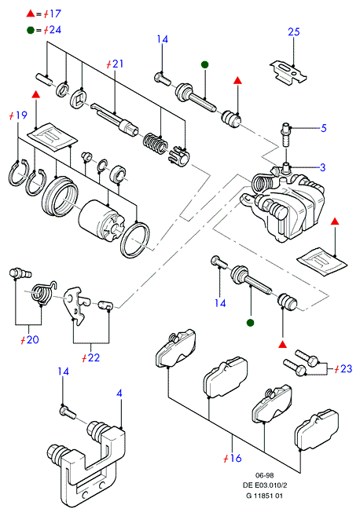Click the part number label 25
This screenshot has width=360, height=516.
pyautogui.click(x=294, y=32)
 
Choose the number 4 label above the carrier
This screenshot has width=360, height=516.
pyautogui.click(x=119, y=393)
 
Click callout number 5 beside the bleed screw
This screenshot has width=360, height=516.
pyautogui.click(x=323, y=128)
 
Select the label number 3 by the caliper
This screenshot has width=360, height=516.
pyautogui.click(x=323, y=167)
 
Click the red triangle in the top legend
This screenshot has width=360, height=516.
pyautogui.click(x=31, y=14)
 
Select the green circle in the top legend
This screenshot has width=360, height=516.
pyautogui.click(x=31, y=31)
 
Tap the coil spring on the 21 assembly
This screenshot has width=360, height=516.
pyautogui.click(x=156, y=144)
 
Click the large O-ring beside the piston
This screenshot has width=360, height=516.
pyautogui.click(x=135, y=240)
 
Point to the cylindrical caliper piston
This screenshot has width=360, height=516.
pyautogui.click(x=101, y=220)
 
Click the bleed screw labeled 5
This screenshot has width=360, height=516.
pyautogui.click(x=285, y=135)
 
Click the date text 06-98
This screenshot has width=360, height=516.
pyautogui.click(x=264, y=475)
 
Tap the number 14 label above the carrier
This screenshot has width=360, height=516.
pyautogui.click(x=63, y=371)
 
